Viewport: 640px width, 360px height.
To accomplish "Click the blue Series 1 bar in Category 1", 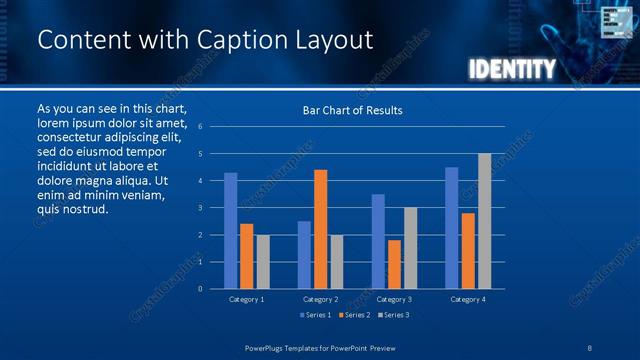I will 231,231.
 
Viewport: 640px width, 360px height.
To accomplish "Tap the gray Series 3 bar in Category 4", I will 484,221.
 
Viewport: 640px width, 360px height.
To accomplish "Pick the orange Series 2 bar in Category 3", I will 394,264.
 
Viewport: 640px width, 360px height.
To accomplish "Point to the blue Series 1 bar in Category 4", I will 452,228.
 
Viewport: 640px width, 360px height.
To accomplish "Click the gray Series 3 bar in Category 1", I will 263,262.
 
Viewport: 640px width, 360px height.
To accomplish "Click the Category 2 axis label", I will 320,299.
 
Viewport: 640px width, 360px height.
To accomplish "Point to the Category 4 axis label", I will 467,299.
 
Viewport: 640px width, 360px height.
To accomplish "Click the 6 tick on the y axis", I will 200,127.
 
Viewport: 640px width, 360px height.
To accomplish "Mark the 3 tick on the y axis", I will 200,208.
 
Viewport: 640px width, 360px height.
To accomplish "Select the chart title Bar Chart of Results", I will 352,110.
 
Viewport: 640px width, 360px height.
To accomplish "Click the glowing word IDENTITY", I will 511,69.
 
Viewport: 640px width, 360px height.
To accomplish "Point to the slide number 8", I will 590,347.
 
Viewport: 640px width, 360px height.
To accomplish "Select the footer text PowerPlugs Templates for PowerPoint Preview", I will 320,347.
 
